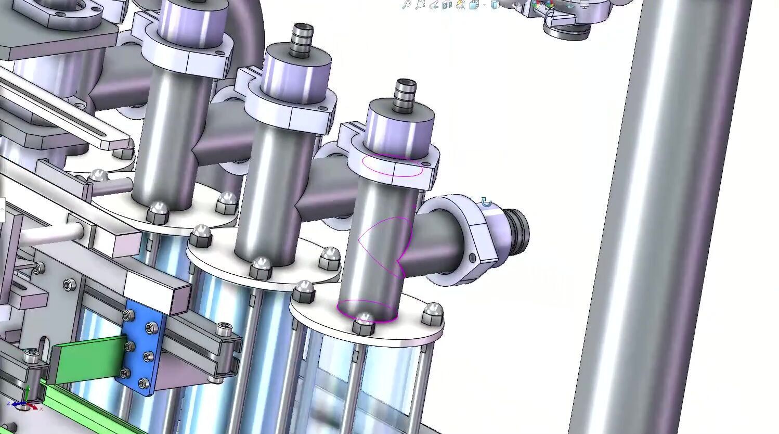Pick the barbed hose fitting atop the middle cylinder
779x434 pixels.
tap(301, 39)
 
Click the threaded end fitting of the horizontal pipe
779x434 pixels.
tap(515, 227)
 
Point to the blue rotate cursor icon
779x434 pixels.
tap(486, 202)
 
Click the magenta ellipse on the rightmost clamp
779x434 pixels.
tap(392, 165)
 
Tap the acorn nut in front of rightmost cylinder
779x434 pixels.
tap(363, 324)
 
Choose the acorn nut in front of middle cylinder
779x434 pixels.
tap(261, 268)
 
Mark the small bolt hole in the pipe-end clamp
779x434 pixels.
tap(472, 258)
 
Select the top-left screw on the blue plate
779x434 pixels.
tap(127, 315)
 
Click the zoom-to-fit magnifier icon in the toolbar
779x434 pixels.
tap(407, 5)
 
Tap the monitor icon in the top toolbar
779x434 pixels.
tap(584, 5)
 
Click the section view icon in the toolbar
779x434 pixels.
tap(447, 5)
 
